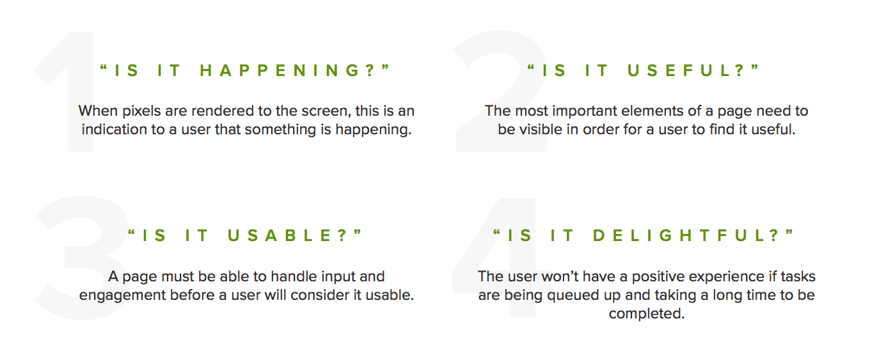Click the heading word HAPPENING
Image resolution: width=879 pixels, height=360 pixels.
tap(288, 71)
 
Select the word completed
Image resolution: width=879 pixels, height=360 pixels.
tap(646, 314)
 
